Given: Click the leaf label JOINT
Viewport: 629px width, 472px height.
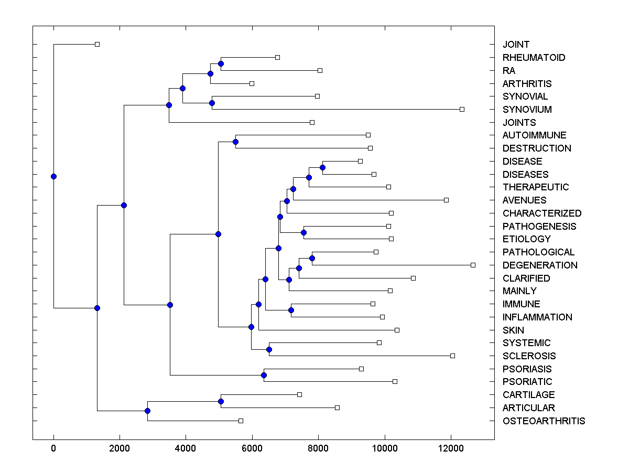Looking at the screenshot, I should click(x=516, y=45).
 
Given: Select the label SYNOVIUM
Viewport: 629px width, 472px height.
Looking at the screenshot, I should click(x=527, y=110).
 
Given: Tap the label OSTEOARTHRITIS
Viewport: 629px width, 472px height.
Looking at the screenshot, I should click(x=544, y=421).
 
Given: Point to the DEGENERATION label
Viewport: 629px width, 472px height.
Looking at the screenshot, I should click(x=540, y=265).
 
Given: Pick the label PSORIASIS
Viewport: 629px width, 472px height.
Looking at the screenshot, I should click(x=527, y=369).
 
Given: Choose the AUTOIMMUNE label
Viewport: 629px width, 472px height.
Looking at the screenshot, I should click(x=534, y=135).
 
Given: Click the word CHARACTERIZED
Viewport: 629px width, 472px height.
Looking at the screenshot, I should click(x=542, y=213).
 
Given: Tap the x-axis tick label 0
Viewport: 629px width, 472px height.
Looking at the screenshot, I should click(x=53, y=448).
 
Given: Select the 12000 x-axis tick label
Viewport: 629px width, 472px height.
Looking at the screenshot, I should click(x=451, y=448).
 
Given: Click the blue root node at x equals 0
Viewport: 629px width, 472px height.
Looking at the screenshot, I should click(x=53, y=176).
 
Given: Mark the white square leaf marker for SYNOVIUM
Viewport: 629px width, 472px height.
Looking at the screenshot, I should click(x=462, y=109).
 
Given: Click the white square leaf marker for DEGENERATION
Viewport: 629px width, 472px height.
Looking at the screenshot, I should click(x=473, y=265).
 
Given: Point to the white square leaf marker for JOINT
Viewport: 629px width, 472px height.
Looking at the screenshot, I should click(x=97, y=44).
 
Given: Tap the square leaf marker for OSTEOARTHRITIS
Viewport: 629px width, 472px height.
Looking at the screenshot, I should click(x=241, y=421).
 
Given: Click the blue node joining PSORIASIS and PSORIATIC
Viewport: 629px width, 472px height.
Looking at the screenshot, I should click(x=264, y=375).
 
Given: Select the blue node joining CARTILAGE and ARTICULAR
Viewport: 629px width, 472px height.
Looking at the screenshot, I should click(x=221, y=401).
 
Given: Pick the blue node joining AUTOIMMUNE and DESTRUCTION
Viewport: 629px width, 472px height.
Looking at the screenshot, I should click(x=235, y=142).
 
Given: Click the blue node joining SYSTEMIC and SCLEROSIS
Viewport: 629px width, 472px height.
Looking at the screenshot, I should click(x=269, y=349).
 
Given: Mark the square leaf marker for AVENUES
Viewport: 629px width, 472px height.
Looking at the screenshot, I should click(x=446, y=200).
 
